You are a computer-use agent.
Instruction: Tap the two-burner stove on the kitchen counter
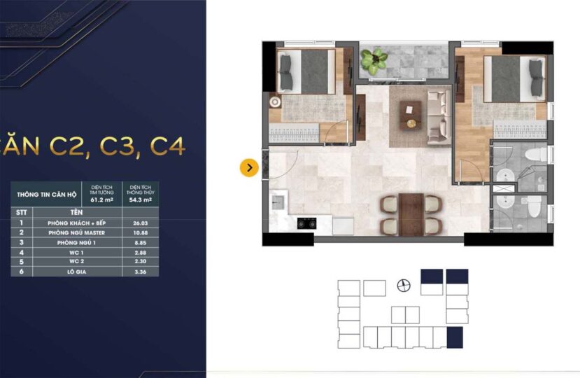[x=306, y=224]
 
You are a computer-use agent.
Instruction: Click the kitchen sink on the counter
[x=278, y=203]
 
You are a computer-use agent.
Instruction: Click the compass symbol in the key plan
[x=403, y=284]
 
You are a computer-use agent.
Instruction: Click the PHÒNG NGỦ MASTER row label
[x=76, y=232]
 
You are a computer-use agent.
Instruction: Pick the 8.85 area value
[x=141, y=241]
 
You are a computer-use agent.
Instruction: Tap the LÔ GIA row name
[x=76, y=271]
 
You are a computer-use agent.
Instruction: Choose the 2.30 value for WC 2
[x=141, y=261]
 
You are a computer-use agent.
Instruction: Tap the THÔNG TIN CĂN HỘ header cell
[x=48, y=194]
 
